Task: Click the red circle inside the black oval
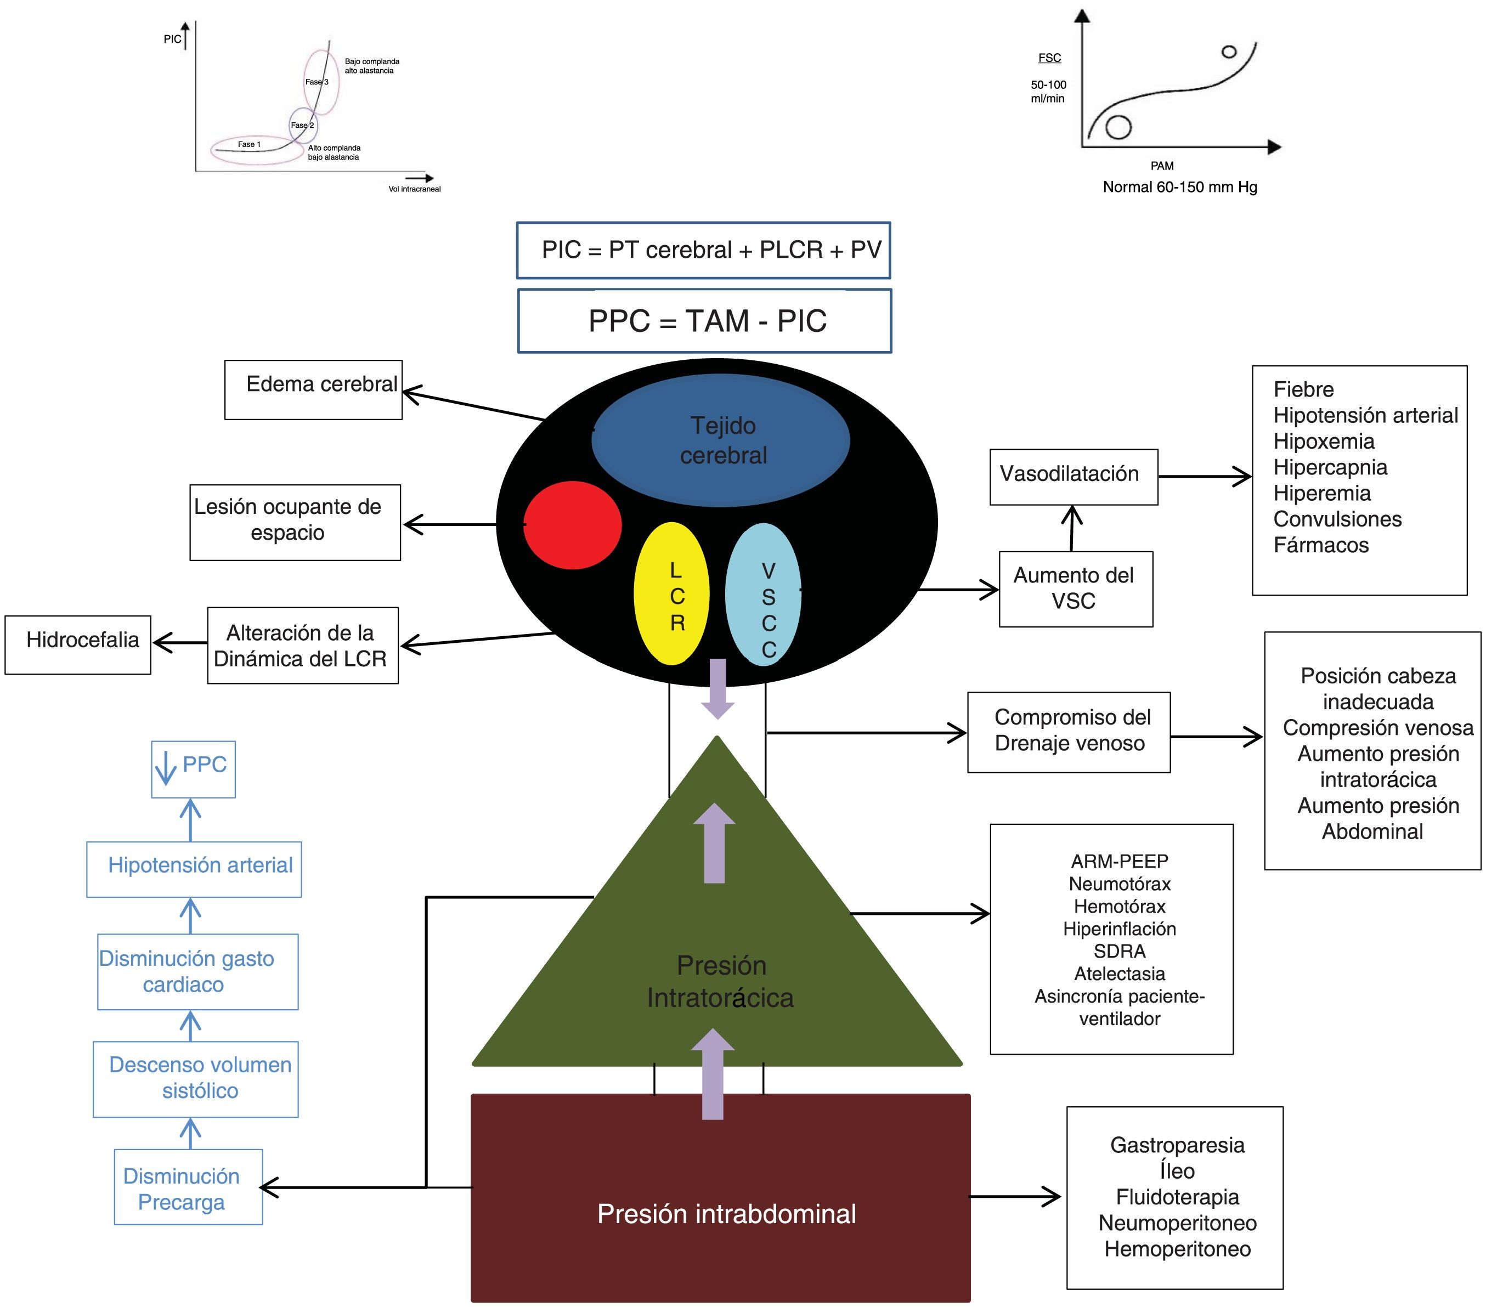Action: (573, 525)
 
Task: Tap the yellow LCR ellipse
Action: (671, 594)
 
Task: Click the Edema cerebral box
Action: (313, 389)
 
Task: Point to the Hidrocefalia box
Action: (78, 645)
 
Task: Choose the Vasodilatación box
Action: (1073, 477)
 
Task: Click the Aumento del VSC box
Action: (1075, 589)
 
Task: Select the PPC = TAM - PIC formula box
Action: (704, 320)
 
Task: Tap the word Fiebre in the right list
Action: (1303, 389)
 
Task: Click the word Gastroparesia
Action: (1177, 1146)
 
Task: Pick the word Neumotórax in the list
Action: (1120, 884)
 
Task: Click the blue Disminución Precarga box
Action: (188, 1189)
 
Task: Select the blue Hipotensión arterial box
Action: (194, 869)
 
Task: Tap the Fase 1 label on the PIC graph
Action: (248, 145)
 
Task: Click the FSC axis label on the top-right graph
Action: (1049, 58)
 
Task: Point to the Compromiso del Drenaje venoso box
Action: (1069, 732)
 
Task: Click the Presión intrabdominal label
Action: (726, 1214)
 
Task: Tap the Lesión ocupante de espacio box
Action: (295, 522)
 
